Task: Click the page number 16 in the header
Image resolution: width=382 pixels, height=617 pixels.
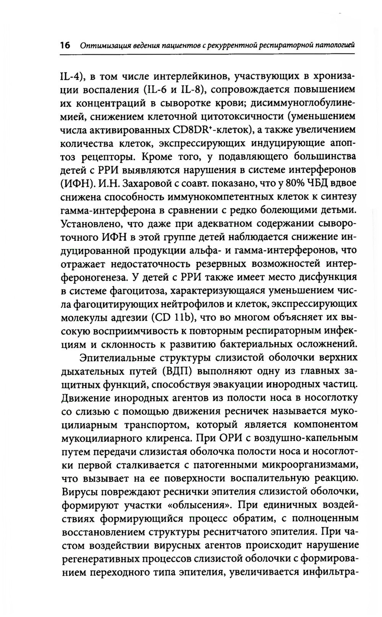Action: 65,45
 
